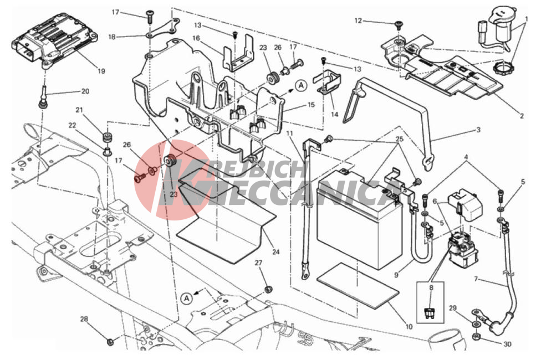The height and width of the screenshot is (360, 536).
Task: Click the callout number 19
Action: click(101, 71)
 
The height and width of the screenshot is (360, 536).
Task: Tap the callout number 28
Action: click(84, 319)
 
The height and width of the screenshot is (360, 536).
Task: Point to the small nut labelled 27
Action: click(268, 289)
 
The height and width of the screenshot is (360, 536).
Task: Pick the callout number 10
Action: click(409, 327)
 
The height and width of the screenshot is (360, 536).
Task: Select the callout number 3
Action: click(478, 130)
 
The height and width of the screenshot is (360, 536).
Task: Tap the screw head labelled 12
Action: click(399, 24)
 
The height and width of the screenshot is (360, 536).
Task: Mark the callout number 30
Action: click(507, 344)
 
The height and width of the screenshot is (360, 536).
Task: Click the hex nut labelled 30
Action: click(476, 337)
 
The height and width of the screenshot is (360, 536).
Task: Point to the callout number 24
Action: click(276, 252)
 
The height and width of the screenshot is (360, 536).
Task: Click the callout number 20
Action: click(85, 91)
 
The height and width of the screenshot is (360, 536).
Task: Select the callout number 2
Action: click(522, 116)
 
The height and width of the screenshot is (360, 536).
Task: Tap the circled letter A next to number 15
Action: click(301, 85)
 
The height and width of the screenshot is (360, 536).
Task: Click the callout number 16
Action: click(196, 38)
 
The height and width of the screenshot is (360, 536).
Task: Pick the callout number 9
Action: click(396, 274)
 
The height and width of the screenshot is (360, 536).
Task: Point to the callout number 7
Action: click(476, 279)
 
